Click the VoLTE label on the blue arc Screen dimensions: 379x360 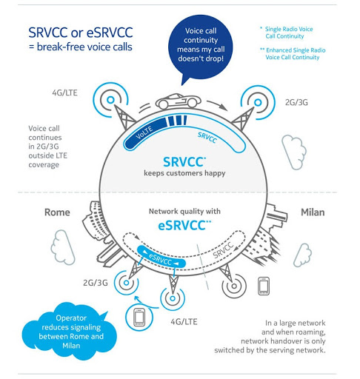(145, 129)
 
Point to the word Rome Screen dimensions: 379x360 (57, 212)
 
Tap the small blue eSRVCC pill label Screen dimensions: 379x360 (160, 258)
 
